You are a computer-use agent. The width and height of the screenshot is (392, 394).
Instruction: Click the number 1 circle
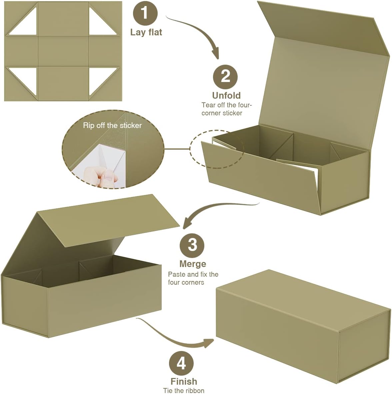[x=145, y=13]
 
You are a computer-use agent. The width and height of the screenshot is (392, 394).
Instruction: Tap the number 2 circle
[x=225, y=76]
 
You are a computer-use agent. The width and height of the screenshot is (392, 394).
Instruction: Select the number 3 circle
[x=192, y=245]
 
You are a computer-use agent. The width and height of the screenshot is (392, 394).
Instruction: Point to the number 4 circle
[x=181, y=363]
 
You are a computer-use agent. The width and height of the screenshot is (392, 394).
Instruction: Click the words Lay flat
[x=146, y=32]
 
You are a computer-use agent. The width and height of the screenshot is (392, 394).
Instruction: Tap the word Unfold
[x=226, y=95]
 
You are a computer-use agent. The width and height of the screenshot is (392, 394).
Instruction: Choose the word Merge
[x=192, y=264]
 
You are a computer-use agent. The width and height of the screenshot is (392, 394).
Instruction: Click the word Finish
[x=184, y=381]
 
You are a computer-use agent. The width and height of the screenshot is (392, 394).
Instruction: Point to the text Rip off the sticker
[x=112, y=125]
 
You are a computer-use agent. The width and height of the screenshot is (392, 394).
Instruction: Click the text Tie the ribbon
[x=184, y=390]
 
